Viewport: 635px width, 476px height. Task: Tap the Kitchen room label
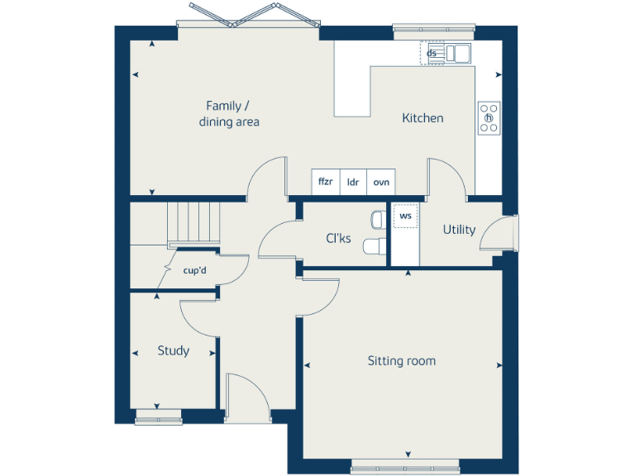(x=423, y=118)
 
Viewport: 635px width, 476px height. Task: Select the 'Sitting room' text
(x=402, y=361)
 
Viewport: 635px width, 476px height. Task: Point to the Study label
(x=174, y=350)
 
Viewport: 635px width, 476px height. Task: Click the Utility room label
(x=459, y=230)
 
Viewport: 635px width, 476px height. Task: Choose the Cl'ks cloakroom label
(x=338, y=239)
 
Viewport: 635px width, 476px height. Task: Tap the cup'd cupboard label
(x=195, y=269)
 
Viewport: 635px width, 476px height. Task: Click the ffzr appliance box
(x=326, y=183)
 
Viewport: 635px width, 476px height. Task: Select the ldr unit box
(x=353, y=183)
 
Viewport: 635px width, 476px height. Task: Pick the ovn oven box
(x=380, y=183)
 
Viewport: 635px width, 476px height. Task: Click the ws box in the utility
(x=405, y=217)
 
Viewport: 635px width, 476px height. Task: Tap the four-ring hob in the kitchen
(x=489, y=117)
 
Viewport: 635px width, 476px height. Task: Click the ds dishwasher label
(x=432, y=53)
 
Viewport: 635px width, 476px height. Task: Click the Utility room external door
(x=502, y=232)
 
